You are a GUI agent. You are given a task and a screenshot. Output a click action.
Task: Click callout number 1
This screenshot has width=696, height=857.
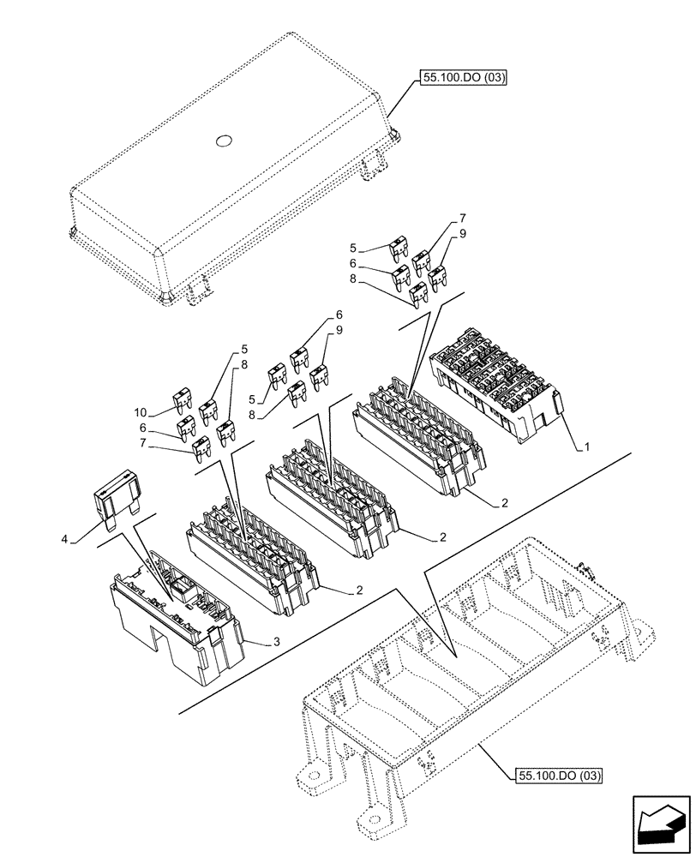pos(587,447)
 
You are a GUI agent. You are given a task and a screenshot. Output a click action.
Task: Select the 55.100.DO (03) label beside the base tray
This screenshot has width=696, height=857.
pos(560,776)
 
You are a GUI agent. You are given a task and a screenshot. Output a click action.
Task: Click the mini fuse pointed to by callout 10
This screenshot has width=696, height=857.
pos(183,399)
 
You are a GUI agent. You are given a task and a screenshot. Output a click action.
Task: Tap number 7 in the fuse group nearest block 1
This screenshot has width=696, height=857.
pos(463,219)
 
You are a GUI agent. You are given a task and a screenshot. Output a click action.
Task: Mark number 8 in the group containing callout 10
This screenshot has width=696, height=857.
pos(245,363)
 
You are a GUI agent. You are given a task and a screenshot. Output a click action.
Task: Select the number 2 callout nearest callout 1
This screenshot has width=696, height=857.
pos(506,503)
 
